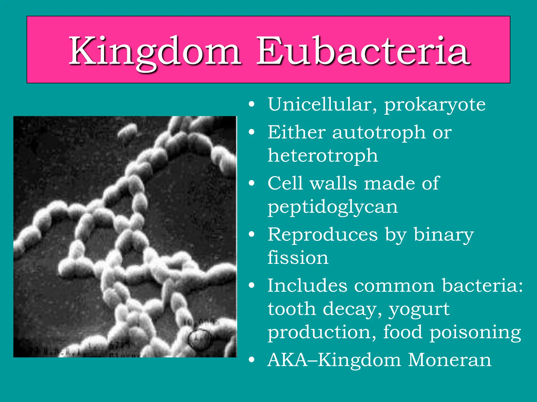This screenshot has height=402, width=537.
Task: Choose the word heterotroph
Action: [x=323, y=155]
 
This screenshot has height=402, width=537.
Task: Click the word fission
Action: [x=298, y=258]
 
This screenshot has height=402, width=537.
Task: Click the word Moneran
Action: [x=449, y=360]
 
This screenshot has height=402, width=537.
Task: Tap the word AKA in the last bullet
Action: [x=287, y=360]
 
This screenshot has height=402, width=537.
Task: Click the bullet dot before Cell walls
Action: [x=252, y=183]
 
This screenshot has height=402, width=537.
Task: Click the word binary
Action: [x=444, y=235]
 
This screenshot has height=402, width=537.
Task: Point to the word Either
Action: [x=296, y=132]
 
